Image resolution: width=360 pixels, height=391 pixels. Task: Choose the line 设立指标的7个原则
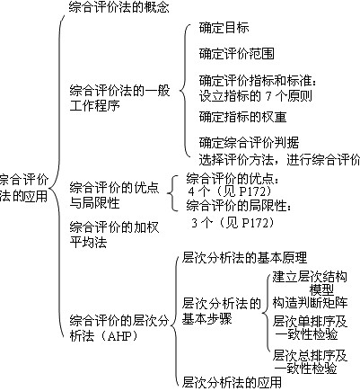(x=261, y=96)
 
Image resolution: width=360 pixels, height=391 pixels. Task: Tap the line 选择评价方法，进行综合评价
(x=278, y=158)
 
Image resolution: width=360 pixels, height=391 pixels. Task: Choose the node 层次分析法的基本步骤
(x=222, y=311)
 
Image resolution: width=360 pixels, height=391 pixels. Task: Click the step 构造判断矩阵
(x=311, y=303)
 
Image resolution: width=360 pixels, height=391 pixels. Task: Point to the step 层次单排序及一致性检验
(x=312, y=327)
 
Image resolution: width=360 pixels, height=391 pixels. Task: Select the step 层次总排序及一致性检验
(x=312, y=360)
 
